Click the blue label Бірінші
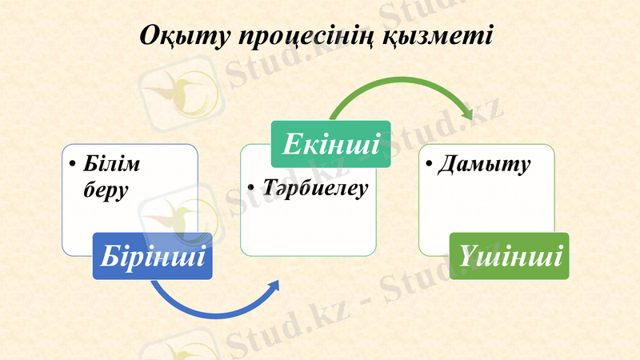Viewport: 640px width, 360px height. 152,256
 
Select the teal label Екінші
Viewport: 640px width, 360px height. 330,145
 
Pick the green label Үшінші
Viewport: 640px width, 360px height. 509,256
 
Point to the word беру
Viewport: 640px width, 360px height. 106,191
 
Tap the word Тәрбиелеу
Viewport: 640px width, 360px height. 314,189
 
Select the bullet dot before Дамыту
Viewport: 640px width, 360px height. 430,166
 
